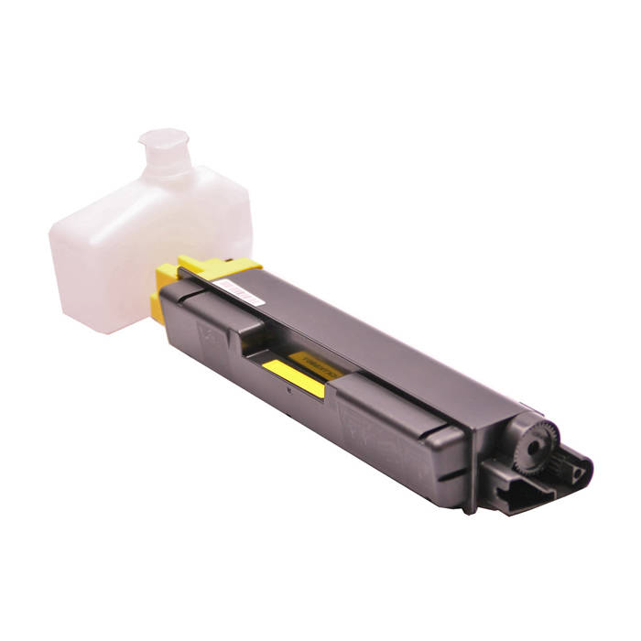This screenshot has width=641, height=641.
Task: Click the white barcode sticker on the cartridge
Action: [240, 290]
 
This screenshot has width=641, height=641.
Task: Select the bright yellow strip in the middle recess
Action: [293, 376]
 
